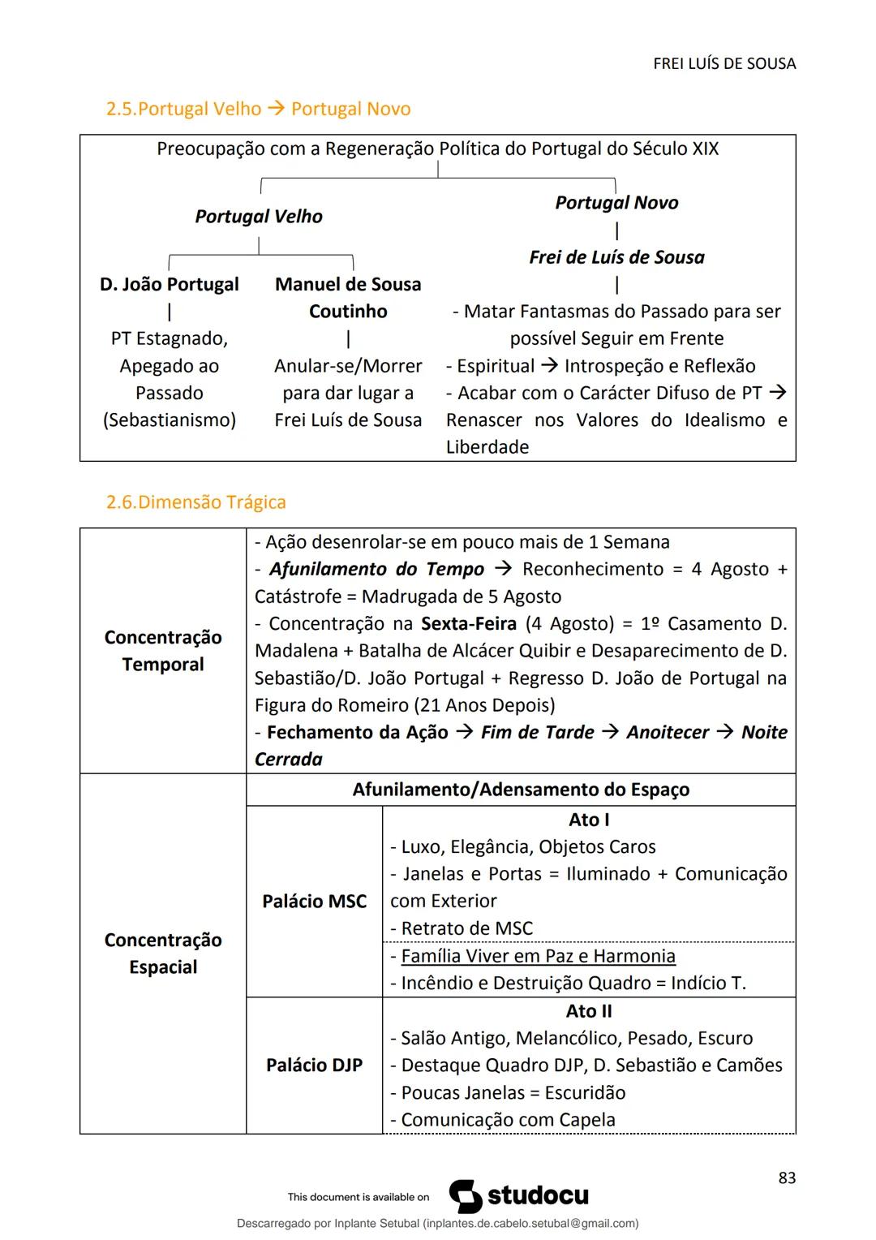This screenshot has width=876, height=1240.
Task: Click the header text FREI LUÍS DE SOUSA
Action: [724, 63]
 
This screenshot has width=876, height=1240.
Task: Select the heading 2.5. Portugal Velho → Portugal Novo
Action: [258, 109]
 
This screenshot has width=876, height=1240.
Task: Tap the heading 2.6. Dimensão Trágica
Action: [195, 502]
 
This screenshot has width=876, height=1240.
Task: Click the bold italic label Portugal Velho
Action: [259, 217]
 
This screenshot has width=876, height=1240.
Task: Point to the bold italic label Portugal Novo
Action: [616, 203]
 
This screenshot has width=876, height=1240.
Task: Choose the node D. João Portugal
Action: [169, 285]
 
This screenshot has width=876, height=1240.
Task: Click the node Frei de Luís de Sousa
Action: [616, 257]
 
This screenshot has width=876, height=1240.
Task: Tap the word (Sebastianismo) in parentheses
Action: [169, 420]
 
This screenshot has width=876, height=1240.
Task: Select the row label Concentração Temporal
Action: [163, 651]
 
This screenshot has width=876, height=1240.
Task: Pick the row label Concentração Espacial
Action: [163, 954]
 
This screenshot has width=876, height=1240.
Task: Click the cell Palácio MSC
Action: [315, 902]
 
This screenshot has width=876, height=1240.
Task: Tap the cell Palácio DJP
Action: [315, 1066]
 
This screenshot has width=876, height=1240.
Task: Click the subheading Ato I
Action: [589, 820]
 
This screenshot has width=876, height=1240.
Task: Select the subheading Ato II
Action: [589, 1012]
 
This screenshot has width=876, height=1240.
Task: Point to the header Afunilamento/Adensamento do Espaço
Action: [521, 790]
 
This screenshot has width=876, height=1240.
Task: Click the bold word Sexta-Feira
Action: [469, 624]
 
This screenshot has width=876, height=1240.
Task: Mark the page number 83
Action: [787, 1178]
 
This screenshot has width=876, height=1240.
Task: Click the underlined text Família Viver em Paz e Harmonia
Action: [538, 957]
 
